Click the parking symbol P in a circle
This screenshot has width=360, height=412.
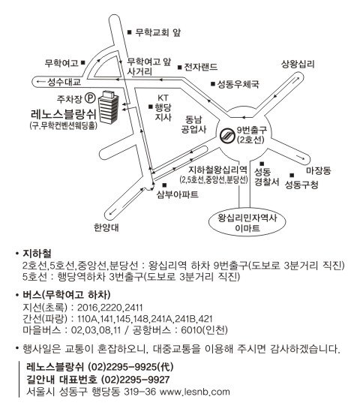click(x=90, y=98)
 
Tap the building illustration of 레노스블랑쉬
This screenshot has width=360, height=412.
click(x=109, y=107)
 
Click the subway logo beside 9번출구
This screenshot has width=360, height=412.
click(x=226, y=135)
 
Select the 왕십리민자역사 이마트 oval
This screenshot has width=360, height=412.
click(x=247, y=223)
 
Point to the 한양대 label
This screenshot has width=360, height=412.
click(x=106, y=227)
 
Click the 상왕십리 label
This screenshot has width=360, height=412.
click(x=298, y=64)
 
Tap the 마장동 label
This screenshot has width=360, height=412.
click(x=319, y=170)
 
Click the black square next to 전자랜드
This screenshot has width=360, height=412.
click(x=179, y=68)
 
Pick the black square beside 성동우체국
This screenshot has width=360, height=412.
click(x=213, y=84)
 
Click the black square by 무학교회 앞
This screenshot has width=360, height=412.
click(x=129, y=32)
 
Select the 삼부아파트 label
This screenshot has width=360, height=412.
click(x=178, y=194)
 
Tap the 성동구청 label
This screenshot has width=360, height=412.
click(x=301, y=185)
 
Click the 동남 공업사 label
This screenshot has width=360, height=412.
click(x=193, y=125)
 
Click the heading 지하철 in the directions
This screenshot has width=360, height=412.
click(x=37, y=254)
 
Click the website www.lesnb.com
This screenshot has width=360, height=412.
click(x=194, y=392)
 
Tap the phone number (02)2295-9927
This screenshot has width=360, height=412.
click(x=135, y=380)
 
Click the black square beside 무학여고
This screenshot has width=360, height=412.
click(x=83, y=62)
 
